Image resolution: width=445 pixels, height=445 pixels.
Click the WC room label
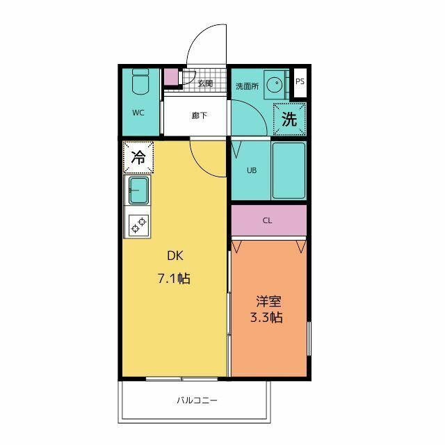(x=138, y=113)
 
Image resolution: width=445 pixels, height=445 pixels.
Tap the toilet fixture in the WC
(x=140, y=81)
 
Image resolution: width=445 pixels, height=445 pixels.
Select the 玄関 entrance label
(x=205, y=83)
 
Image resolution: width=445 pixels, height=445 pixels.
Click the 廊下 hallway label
(x=200, y=115)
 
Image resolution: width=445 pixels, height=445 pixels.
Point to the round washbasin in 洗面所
(x=275, y=84)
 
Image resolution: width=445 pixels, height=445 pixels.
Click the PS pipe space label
(x=300, y=81)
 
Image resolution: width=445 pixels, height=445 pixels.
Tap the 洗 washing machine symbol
(x=289, y=119)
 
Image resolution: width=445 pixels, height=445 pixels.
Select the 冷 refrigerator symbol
(x=138, y=158)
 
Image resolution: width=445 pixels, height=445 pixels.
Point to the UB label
(x=252, y=170)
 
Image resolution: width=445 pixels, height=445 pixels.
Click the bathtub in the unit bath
(x=289, y=170)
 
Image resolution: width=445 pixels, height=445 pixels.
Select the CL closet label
(x=267, y=220)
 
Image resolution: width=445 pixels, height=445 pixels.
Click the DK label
(x=175, y=256)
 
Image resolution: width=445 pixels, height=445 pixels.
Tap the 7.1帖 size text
(x=174, y=278)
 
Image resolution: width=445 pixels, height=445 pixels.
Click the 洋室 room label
(x=268, y=302)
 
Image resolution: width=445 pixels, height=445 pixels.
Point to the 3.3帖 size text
(x=266, y=317)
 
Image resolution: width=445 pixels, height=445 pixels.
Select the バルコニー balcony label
(x=197, y=400)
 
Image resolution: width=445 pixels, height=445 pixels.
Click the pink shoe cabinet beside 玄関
(x=171, y=76)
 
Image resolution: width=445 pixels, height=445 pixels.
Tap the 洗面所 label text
(x=248, y=86)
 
